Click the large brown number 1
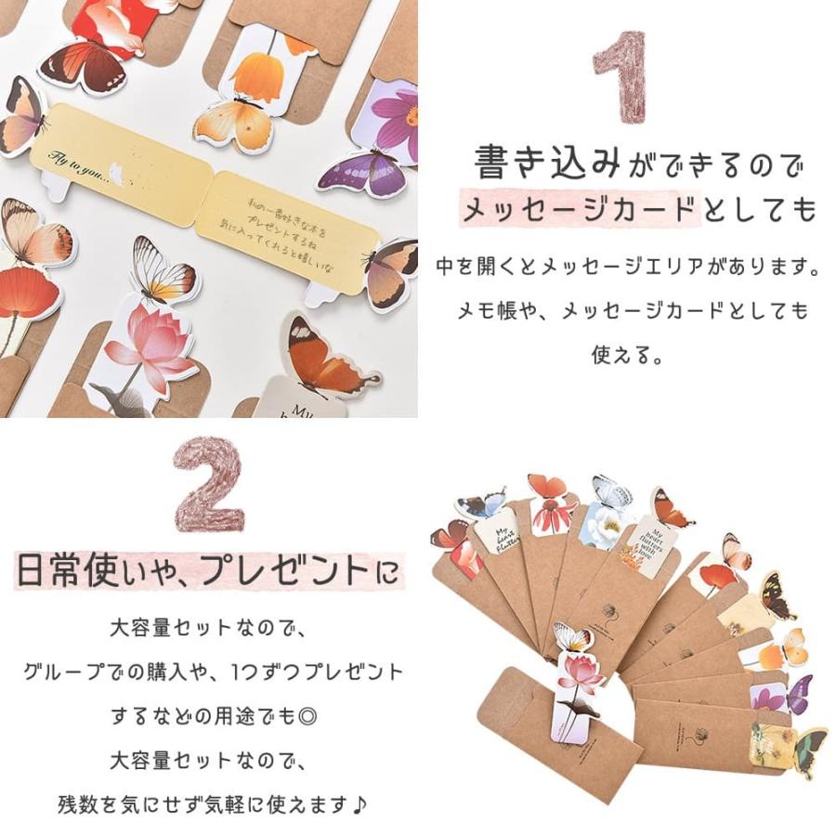click(x=620, y=79)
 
